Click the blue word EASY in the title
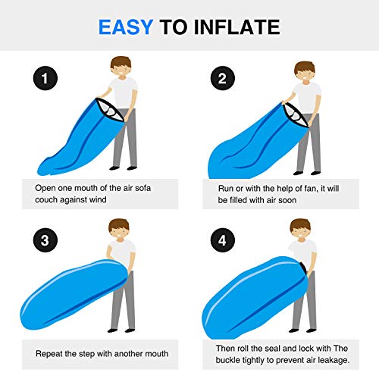tap(126, 27)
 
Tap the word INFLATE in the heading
tap(236, 27)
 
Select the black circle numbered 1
tap(45, 78)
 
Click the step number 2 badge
tap(223, 78)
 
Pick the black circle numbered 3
tap(45, 240)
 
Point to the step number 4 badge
tap(223, 240)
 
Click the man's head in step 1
tap(121, 67)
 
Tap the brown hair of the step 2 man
tap(305, 67)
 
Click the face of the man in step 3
tap(119, 233)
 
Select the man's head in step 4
tap(300, 230)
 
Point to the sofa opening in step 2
tap(295, 115)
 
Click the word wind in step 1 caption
tap(98, 199)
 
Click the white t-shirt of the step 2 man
tap(307, 98)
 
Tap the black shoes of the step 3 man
tap(121, 330)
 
